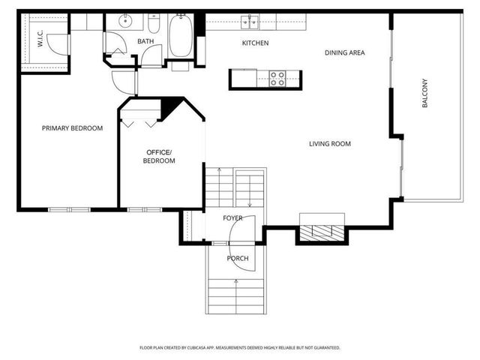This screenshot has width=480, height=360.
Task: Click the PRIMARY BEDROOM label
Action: pyautogui.click(x=72, y=128)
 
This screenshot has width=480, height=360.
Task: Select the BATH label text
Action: pyautogui.click(x=145, y=42)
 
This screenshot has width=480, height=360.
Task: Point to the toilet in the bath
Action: pyautogui.click(x=154, y=22)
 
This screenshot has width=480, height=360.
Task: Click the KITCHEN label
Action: pyautogui.click(x=255, y=43)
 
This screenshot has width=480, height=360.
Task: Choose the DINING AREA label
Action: pyautogui.click(x=344, y=52)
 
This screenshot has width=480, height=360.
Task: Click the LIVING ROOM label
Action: pyautogui.click(x=330, y=144)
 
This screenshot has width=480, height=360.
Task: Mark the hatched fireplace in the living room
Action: pyautogui.click(x=322, y=232)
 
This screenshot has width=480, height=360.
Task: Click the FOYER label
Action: pyautogui.click(x=232, y=218)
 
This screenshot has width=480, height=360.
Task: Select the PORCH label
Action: pyautogui.click(x=238, y=259)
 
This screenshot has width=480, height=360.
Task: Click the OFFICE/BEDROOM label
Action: pyautogui.click(x=159, y=157)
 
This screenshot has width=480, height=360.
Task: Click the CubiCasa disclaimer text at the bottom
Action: pyautogui.click(x=240, y=348)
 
